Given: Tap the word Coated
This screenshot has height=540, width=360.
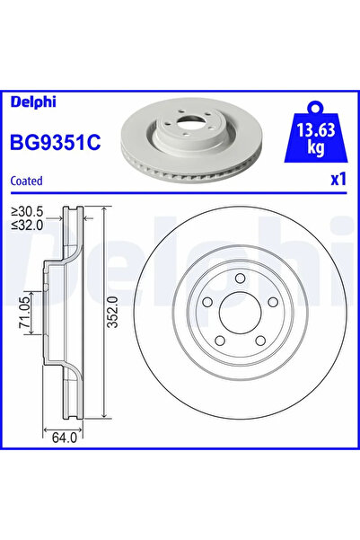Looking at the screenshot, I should pos(26,181).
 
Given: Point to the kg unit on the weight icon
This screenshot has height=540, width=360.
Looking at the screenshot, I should pos(313,146).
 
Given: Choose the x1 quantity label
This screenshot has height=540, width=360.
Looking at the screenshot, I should pos(338,180).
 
